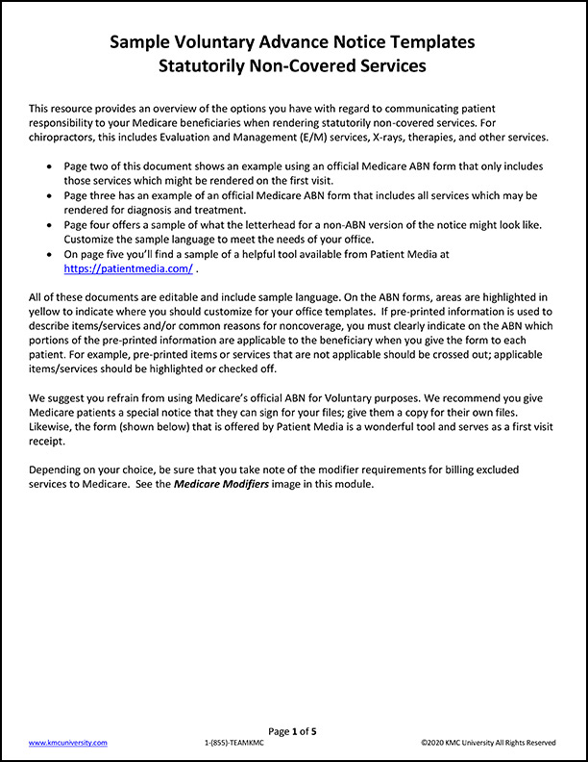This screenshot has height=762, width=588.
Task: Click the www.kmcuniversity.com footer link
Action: (68, 743)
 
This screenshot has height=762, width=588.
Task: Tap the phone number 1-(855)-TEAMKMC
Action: (236, 743)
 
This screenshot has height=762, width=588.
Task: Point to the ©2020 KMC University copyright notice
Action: (488, 743)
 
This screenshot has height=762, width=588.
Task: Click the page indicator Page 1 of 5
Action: (293, 731)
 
